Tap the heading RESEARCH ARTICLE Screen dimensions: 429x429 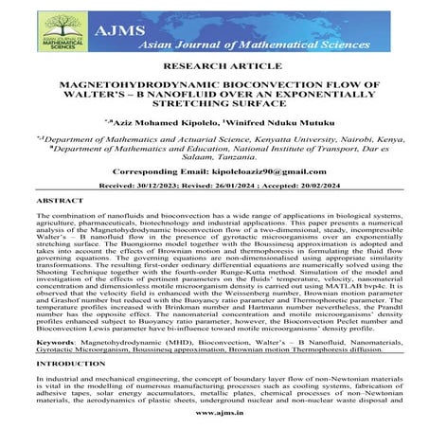pyautogui.click(x=214, y=69)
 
